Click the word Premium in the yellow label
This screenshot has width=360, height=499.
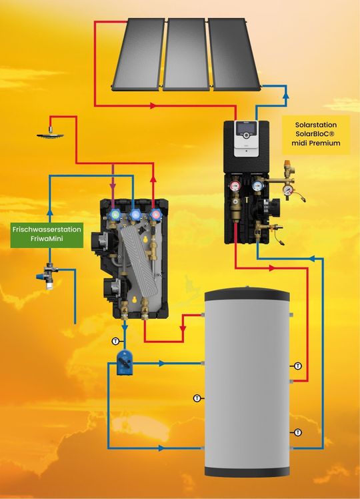click(331, 143)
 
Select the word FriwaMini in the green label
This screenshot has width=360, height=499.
click(47, 238)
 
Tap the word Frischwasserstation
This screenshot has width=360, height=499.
click(47, 229)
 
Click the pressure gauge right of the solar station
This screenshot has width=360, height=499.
click(287, 189)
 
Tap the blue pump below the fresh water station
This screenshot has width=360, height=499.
click(125, 359)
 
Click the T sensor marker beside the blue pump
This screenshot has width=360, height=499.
click(115, 342)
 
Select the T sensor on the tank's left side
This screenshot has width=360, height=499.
click(197, 398)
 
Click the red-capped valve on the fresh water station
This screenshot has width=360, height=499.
click(157, 215)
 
